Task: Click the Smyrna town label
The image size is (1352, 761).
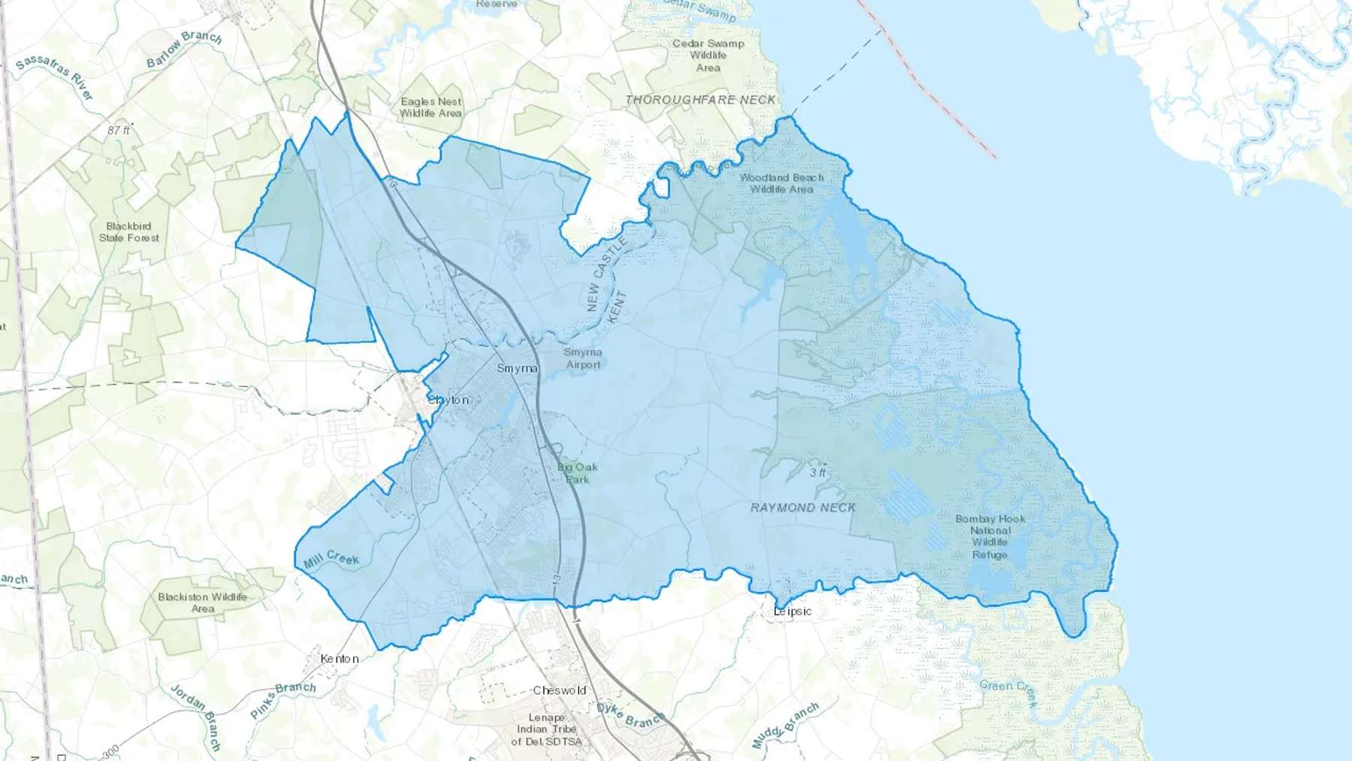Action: tap(517, 368)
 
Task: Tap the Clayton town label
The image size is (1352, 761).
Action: tap(448, 400)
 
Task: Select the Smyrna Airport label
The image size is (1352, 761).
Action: tap(583, 358)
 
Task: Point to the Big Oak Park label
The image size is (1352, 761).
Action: tap(578, 473)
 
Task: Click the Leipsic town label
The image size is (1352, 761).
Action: tap(792, 612)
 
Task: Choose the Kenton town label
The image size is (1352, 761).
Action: tap(340, 659)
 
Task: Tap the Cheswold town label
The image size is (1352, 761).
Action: tap(560, 690)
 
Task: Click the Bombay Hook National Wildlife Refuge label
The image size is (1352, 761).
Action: tap(990, 536)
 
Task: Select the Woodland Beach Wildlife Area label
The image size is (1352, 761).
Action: tap(781, 183)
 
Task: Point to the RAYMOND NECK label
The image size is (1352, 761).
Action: tap(803, 508)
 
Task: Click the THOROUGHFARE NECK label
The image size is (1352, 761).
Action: tap(700, 99)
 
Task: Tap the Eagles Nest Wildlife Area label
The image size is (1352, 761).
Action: tap(430, 107)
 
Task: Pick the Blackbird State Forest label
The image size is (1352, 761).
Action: tap(129, 231)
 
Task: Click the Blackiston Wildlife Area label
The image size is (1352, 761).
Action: tap(202, 602)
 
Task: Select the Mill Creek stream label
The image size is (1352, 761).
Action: tap(331, 559)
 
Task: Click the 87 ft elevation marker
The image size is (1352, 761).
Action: tap(118, 130)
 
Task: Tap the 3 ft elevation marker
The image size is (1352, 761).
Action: tap(818, 473)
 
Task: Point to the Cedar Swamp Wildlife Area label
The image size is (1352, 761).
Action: tap(708, 55)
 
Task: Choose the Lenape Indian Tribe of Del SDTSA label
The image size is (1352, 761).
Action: tap(546, 729)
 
